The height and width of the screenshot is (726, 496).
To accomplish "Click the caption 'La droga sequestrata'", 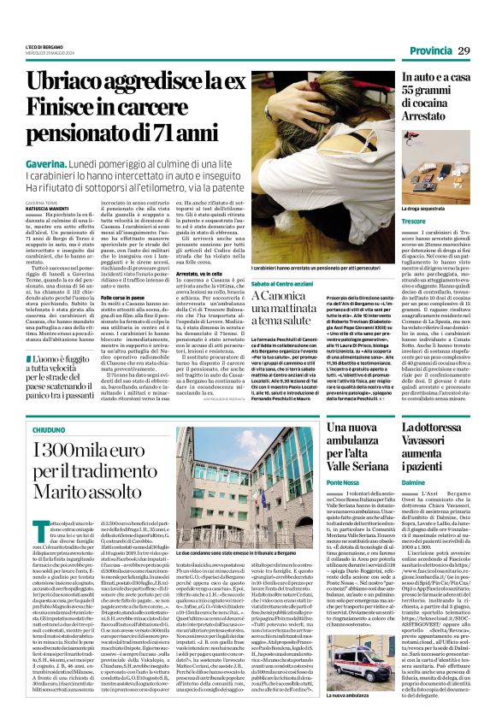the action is (425, 208).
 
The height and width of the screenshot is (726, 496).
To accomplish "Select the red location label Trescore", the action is (416, 222).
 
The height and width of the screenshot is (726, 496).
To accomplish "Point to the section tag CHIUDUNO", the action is (48, 434).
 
